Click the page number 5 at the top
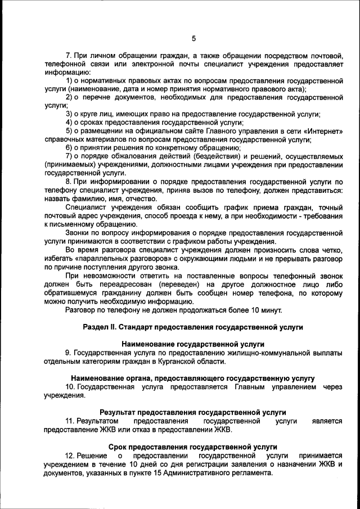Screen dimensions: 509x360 coord(193,38)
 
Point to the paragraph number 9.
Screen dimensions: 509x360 coord(68,352)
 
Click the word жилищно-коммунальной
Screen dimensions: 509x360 coord(268,352)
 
